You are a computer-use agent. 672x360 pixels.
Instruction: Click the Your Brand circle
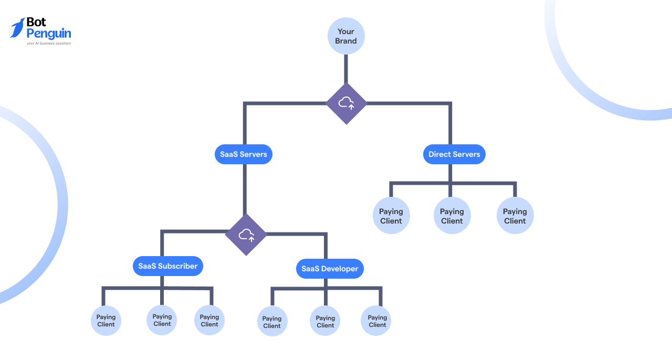(346, 36)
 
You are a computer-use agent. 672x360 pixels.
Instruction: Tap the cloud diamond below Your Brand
(346, 103)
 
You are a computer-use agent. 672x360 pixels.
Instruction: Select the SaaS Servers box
(244, 154)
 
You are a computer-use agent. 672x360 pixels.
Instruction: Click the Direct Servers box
(454, 154)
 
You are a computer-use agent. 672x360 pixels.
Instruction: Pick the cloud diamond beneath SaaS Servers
(246, 235)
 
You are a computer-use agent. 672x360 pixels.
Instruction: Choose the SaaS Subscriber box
(168, 266)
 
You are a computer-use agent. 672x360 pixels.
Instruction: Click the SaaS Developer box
(330, 269)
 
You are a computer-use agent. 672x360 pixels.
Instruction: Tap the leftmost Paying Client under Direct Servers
(391, 216)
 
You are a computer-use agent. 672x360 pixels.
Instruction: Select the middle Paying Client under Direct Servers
(452, 216)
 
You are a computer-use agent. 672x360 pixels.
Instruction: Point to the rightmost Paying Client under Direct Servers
(515, 216)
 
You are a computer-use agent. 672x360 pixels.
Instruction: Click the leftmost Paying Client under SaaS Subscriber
(106, 321)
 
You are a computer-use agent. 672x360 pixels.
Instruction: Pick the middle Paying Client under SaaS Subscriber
(162, 320)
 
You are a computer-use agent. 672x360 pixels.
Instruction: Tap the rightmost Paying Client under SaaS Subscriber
(209, 320)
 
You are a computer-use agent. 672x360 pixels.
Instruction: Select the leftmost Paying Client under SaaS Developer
(272, 322)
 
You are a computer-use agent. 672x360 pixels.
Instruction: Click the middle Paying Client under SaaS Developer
(325, 321)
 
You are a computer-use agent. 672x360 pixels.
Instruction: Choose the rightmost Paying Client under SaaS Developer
(376, 321)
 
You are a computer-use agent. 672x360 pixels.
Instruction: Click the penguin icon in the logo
(18, 28)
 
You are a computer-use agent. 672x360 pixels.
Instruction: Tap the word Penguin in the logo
(48, 34)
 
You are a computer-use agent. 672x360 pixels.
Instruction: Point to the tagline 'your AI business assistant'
(49, 44)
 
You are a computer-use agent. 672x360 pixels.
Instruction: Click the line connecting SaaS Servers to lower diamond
(244, 189)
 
